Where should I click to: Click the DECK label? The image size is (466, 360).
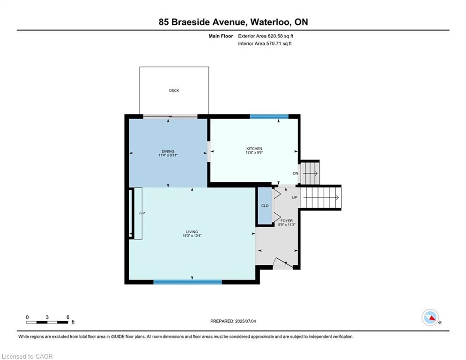click(x=174, y=90)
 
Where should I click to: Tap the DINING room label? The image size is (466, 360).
click(x=168, y=151)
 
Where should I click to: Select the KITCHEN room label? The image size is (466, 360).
click(x=254, y=149)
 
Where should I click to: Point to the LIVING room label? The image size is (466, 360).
click(x=192, y=232)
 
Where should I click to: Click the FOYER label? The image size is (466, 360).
click(x=287, y=221)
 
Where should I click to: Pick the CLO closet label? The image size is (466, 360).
click(x=265, y=206)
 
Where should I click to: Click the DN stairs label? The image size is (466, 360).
click(x=296, y=173)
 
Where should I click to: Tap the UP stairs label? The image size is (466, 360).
click(x=295, y=197)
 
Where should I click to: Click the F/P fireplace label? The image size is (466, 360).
click(x=142, y=213)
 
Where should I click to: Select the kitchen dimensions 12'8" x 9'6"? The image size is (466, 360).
click(x=254, y=152)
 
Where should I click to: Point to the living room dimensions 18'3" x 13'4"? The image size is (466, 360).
click(x=192, y=236)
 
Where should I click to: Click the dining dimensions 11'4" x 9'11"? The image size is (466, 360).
click(x=168, y=155)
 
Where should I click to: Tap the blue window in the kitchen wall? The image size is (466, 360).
click(x=269, y=117)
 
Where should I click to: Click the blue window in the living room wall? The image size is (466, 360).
click(x=187, y=282)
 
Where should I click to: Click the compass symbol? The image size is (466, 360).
click(x=430, y=317)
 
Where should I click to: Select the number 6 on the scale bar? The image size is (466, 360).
click(x=68, y=317)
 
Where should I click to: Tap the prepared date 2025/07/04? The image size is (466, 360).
click(x=245, y=321)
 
